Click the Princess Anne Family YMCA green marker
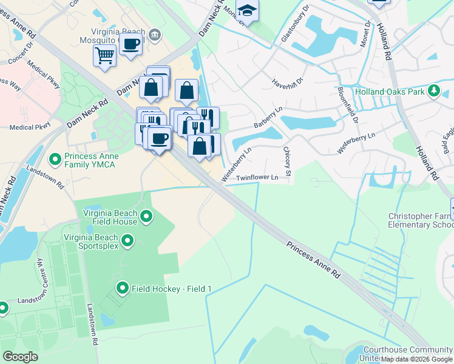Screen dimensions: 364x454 pos(55,160)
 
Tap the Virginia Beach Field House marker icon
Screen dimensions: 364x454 pos(146,217)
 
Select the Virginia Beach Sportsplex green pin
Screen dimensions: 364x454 pos(127,241)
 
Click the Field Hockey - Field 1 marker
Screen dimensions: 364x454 pos(123,288)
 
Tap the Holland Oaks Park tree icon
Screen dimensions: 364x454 pos(434,91)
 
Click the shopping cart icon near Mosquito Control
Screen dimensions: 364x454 pos(104,56)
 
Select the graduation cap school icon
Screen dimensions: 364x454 pos(247,10)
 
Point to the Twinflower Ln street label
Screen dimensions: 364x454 pos(257,177)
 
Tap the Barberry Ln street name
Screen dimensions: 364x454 pos(268,118)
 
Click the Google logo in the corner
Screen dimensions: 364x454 pos(19,356)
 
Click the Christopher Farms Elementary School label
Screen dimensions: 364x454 pos(421,220)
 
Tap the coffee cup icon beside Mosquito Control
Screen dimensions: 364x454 pos(130,44)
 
